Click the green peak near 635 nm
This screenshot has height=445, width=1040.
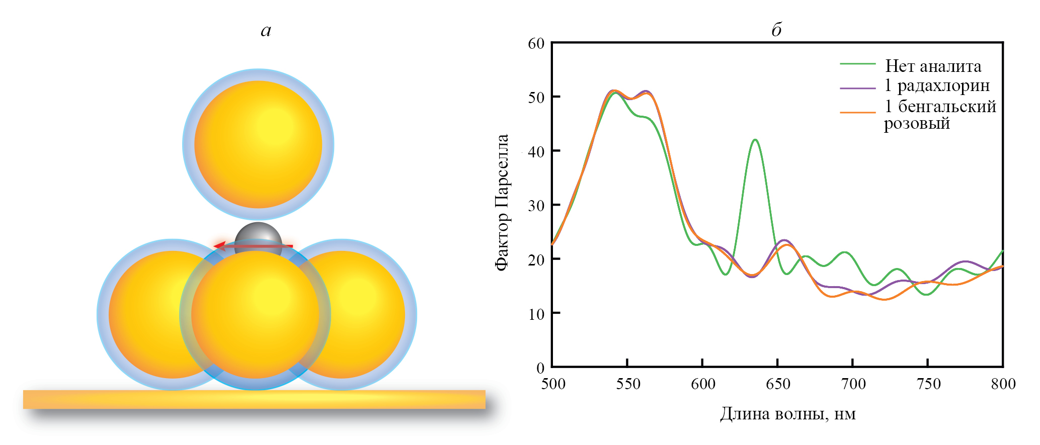[x=755, y=140]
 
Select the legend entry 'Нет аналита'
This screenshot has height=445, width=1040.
[x=933, y=66]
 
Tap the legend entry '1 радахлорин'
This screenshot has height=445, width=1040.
[x=937, y=85]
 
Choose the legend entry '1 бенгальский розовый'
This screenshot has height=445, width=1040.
[x=940, y=114]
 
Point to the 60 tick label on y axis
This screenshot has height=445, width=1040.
[x=536, y=44]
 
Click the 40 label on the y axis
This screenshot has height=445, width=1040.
[x=536, y=151]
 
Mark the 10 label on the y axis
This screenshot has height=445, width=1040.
[x=536, y=314]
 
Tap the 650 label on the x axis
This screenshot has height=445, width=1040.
[x=778, y=384]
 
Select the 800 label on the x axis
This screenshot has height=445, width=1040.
[x=1003, y=384]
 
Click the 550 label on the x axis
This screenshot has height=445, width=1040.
[x=628, y=384]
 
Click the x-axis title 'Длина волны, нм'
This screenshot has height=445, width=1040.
[x=787, y=414]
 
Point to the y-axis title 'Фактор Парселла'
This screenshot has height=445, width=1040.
[x=502, y=202]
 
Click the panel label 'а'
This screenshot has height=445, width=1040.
[x=266, y=31]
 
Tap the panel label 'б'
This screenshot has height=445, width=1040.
[x=776, y=30]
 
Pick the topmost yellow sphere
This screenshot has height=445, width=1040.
[x=258, y=144]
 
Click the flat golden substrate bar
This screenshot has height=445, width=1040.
[x=254, y=399]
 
